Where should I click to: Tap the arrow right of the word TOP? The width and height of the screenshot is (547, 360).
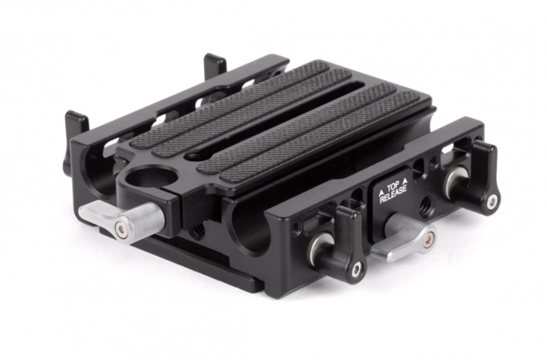coord(404,180)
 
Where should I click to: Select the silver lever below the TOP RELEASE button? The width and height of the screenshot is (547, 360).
coord(404,238)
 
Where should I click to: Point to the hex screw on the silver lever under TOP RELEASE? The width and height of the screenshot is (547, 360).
coord(427,239)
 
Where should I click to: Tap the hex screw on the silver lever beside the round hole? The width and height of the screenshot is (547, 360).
coord(120,228)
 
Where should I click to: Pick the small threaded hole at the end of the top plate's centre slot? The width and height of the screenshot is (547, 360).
coord(191,154)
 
